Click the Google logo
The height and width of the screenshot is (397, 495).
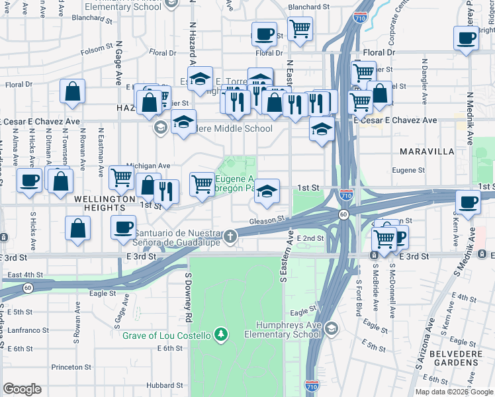pos(22,389)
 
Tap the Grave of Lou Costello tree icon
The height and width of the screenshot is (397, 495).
pos(221,335)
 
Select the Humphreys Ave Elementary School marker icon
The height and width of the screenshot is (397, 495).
pos(331,328)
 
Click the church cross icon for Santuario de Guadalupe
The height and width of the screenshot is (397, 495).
pos(230,236)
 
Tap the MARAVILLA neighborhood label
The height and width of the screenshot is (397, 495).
pos(427,152)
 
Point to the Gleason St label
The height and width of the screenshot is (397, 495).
pos(267,220)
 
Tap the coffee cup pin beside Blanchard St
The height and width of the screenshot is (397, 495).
pos(265,34)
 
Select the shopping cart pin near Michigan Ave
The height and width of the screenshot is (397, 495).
pos(122,177)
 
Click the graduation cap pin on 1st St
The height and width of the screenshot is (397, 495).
pos(267,192)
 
